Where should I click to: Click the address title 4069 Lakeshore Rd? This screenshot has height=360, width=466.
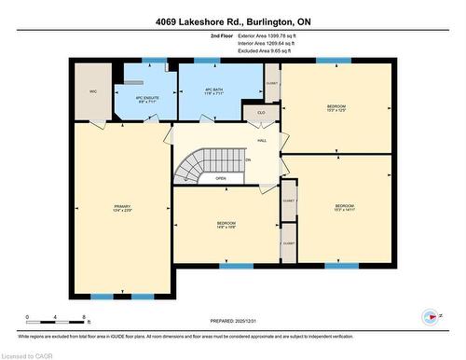click(x=232, y=21)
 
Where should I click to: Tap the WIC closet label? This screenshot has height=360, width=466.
click(x=93, y=91)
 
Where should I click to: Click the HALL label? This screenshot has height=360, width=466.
click(x=264, y=140)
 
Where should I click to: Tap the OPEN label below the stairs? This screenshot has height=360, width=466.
click(x=221, y=178)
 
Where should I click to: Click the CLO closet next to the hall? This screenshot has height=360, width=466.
click(x=261, y=112)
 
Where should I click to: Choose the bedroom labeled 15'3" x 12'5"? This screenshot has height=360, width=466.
click(x=336, y=109)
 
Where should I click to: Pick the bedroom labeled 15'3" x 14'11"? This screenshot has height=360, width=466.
click(x=344, y=208)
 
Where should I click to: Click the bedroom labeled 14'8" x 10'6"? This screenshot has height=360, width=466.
click(x=226, y=226)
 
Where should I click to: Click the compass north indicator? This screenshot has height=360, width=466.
click(x=432, y=315)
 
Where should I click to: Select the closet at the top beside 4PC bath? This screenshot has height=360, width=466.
click(x=271, y=82)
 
